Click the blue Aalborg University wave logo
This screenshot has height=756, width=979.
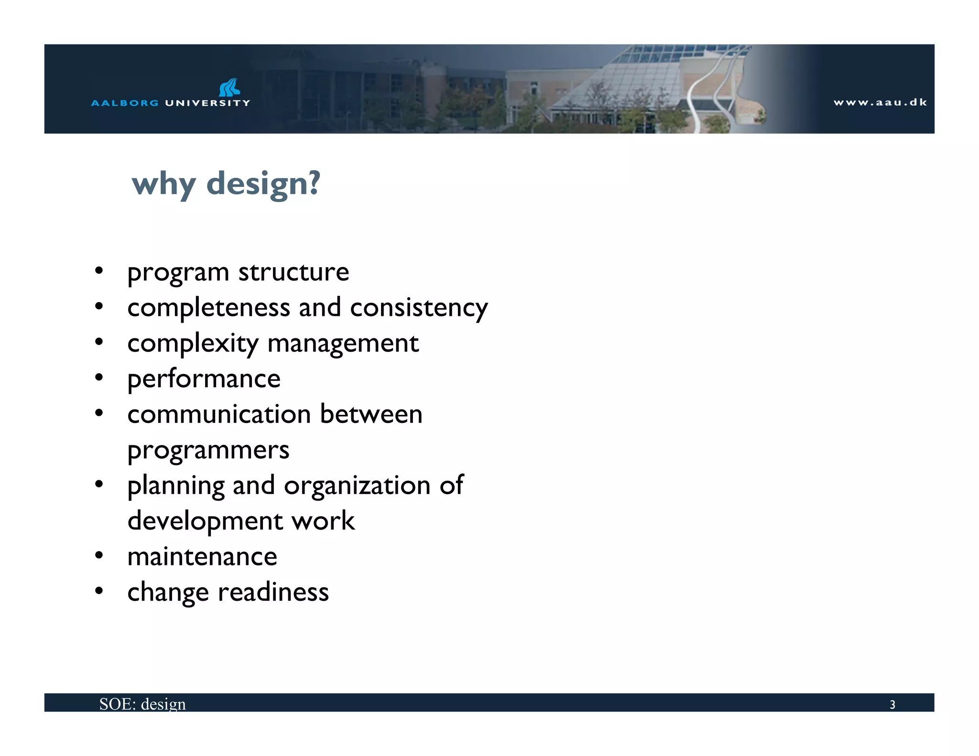tap(229, 87)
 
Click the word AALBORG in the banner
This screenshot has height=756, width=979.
tap(125, 103)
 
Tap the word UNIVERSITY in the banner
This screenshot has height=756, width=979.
tap(207, 103)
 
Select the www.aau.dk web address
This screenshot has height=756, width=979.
tap(880, 102)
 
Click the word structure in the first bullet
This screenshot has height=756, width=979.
tap(294, 272)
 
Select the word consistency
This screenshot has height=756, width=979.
tap(419, 308)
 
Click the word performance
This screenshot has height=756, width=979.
tap(204, 379)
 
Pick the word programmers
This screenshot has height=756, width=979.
tap(208, 451)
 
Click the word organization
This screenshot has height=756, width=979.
tap(357, 486)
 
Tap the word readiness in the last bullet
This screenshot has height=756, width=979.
tap(273, 593)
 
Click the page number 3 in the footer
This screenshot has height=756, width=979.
tap(892, 704)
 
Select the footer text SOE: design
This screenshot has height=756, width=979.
tap(142, 704)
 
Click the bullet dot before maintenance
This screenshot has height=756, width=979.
tap(99, 555)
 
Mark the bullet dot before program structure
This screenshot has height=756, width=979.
tap(99, 271)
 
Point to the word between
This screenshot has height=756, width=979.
tap(371, 414)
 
